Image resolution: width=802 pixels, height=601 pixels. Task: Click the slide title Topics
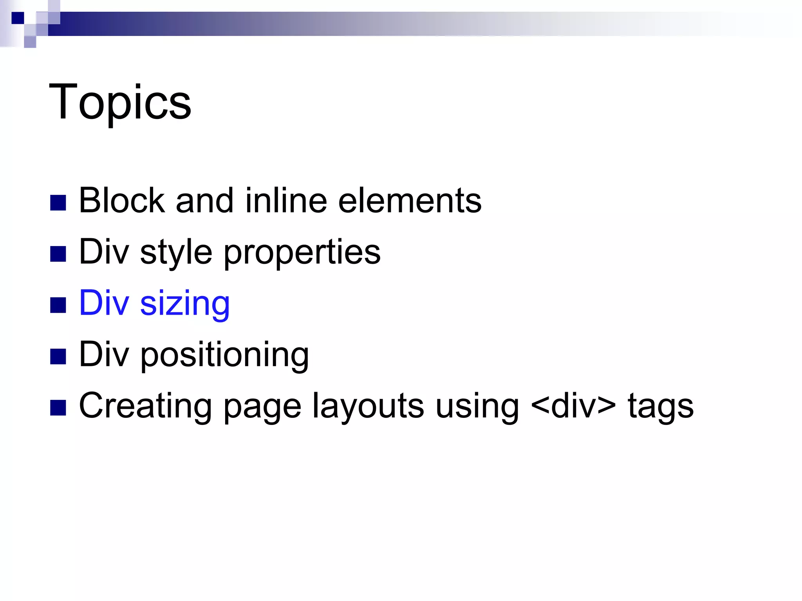pos(120,103)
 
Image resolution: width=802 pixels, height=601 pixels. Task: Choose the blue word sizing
pos(185,304)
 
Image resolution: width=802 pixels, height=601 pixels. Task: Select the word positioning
pos(225,355)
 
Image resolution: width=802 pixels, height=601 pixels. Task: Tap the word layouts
pos(368,406)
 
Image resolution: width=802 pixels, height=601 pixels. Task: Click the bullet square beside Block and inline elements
pos(58,203)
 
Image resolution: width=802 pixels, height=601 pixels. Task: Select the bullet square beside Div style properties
pos(58,254)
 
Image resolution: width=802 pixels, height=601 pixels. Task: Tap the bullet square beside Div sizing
pos(58,305)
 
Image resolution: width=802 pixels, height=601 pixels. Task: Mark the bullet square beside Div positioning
pos(58,356)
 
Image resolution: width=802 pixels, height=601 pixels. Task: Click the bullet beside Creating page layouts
pos(58,408)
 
